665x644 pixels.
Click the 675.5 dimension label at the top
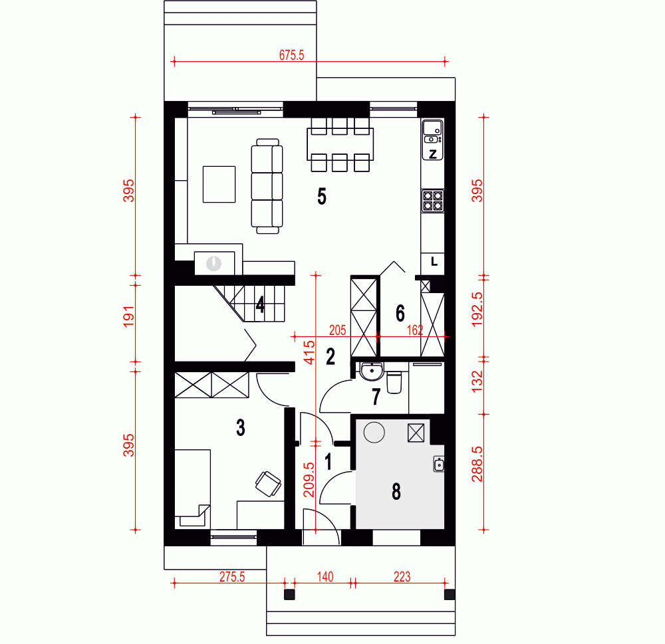point(291,55)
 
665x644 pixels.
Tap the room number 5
point(322,196)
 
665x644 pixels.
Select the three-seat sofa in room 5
point(267,186)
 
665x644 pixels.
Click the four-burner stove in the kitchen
point(433,201)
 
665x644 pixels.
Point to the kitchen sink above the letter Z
point(433,132)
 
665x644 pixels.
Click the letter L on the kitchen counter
point(434,262)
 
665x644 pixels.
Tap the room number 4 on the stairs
point(261,304)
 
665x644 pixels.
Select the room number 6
point(400,313)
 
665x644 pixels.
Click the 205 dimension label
point(338,330)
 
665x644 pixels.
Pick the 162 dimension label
point(415,330)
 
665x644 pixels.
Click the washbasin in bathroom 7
point(372,371)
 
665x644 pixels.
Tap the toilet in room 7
point(394,382)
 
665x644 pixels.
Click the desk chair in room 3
point(268,484)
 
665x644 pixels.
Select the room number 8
point(396,491)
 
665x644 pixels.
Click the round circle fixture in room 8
point(374,433)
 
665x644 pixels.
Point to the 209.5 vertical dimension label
point(309,479)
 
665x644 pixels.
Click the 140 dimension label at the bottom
point(325,577)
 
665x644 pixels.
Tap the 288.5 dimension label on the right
point(477,464)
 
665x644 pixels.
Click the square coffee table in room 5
point(219,184)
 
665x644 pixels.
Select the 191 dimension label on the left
point(129,316)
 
